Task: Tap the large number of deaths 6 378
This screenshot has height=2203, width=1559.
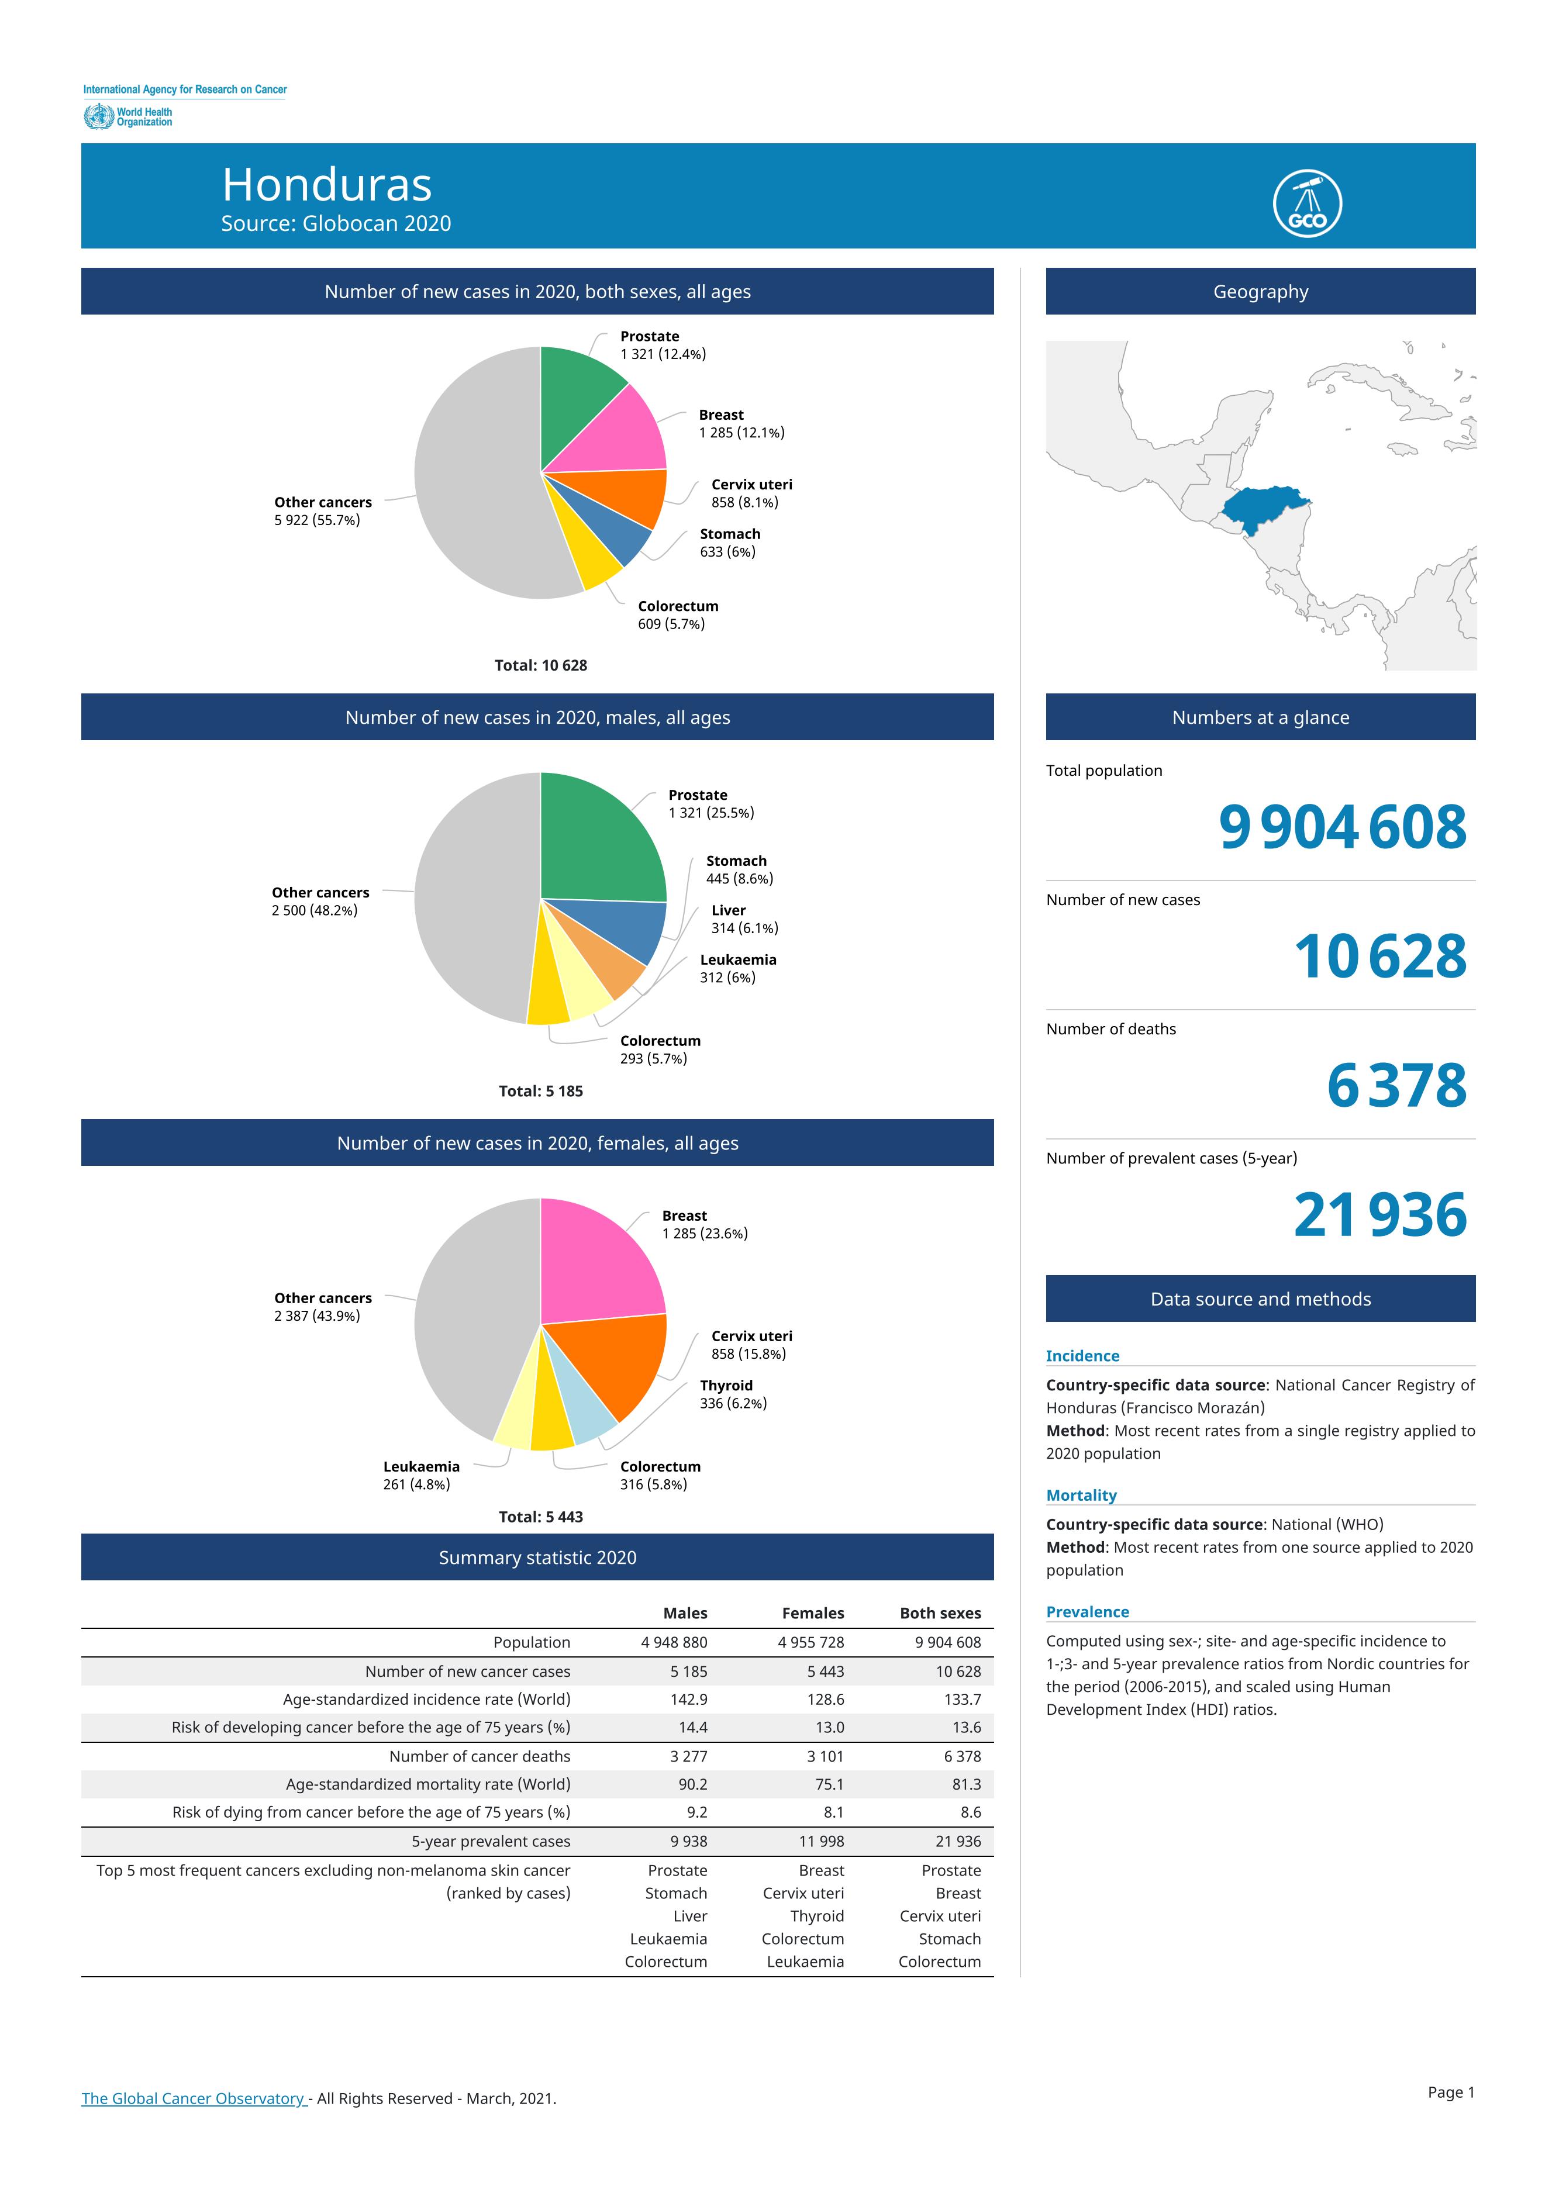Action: (1397, 1086)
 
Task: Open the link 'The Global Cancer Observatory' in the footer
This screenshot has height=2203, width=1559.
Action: (193, 2098)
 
